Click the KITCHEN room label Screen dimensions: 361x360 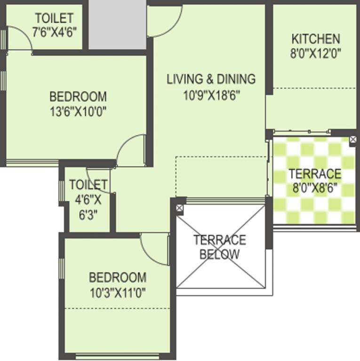pos(315,39)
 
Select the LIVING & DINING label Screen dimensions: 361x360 pos(211,79)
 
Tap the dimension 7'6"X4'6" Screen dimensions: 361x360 pos(54,32)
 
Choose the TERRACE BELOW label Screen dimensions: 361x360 pos(220,247)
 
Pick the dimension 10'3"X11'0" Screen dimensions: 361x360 pos(118,292)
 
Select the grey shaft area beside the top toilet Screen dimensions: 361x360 pos(118,24)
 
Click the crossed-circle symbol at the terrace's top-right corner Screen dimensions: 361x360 pos(353,140)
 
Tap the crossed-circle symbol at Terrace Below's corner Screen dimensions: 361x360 pos(179,207)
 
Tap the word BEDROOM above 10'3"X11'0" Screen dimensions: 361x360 pos(118,277)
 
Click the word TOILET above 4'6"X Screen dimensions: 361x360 pos(88,184)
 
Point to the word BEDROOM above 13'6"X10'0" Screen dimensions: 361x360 pos(78,97)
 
